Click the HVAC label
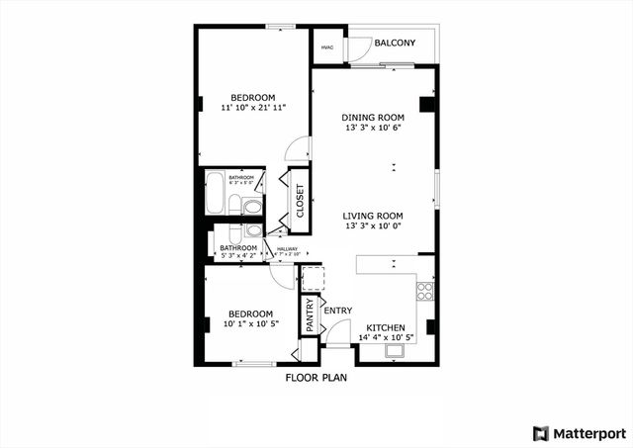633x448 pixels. pos(325,46)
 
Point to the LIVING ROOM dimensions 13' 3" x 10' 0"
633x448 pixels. pos(373,226)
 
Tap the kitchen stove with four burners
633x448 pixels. pos(425,291)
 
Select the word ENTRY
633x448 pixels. pos(337,311)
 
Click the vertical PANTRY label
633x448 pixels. pos(310,315)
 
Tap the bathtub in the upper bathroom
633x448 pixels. pos(215,192)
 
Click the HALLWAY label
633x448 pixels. pos(287,249)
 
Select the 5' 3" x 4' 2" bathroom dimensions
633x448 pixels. pos(238,256)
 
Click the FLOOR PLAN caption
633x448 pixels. pos(316,377)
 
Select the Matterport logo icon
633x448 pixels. pos(539,433)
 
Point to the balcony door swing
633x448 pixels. pos(361,51)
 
